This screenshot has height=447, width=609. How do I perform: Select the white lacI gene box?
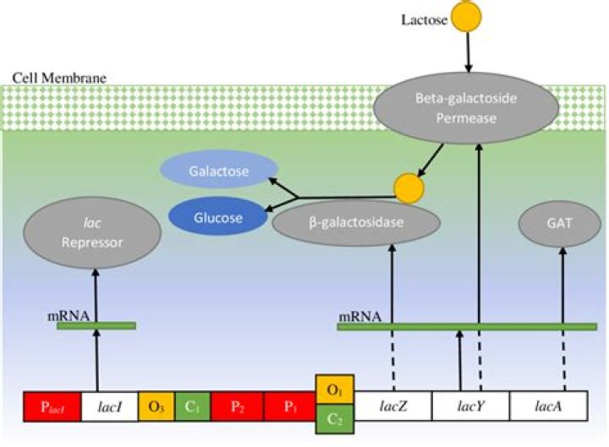click(x=110, y=407)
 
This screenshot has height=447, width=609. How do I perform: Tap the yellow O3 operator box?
click(x=156, y=407)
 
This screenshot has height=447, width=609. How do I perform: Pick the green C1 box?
click(x=192, y=407)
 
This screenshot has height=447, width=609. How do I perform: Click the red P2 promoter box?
click(x=237, y=407)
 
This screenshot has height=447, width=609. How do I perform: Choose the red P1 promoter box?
click(x=290, y=407)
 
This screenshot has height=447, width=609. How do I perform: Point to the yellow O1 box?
click(x=335, y=391)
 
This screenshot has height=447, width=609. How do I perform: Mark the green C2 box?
click(x=335, y=419)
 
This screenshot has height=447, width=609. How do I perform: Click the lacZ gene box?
click(x=393, y=406)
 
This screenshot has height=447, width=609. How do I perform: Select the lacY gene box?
click(x=470, y=406)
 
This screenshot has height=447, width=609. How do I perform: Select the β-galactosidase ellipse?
click(x=356, y=224)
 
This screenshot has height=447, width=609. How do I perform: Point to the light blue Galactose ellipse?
click(x=219, y=172)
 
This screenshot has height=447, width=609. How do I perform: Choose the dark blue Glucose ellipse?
click(x=217, y=217)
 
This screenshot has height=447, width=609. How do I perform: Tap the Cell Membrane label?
click(x=59, y=78)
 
